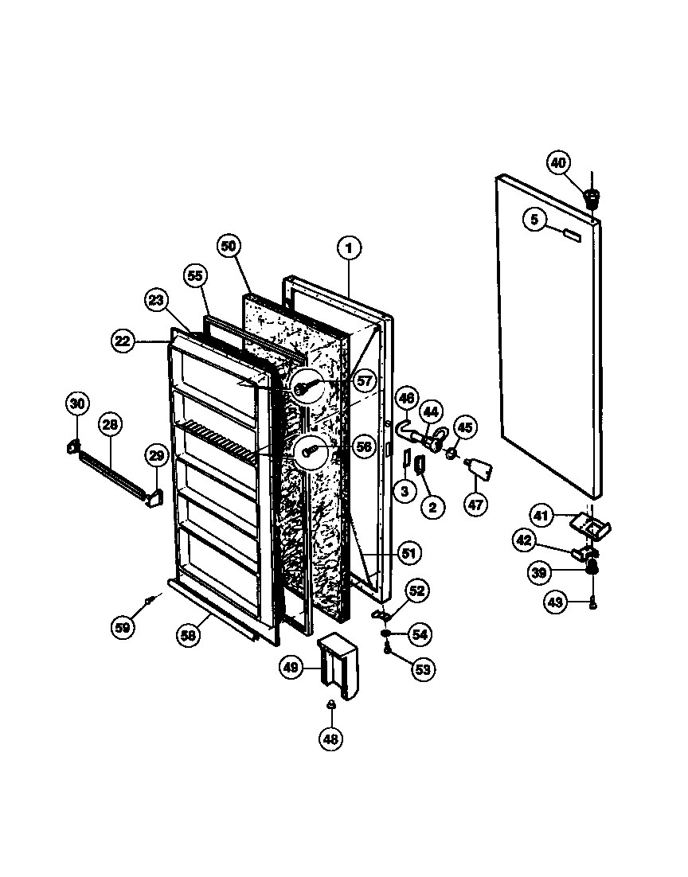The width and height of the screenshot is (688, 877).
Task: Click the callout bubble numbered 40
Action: [x=558, y=162]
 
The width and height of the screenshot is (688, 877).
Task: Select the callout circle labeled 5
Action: [x=534, y=218]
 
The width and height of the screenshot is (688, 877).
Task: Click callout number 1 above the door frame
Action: [x=348, y=248]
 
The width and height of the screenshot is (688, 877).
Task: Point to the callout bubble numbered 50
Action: [x=228, y=247]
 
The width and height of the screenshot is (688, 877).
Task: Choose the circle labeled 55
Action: [x=194, y=276]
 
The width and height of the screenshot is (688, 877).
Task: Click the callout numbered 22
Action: [x=122, y=341]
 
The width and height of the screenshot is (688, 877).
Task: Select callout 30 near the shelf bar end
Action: [x=76, y=404]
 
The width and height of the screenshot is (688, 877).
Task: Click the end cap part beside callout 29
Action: [x=153, y=497]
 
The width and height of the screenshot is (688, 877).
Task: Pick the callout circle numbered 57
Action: [x=364, y=381]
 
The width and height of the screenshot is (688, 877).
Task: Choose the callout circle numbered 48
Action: [x=330, y=739]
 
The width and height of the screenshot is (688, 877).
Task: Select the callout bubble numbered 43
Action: [x=555, y=602]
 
